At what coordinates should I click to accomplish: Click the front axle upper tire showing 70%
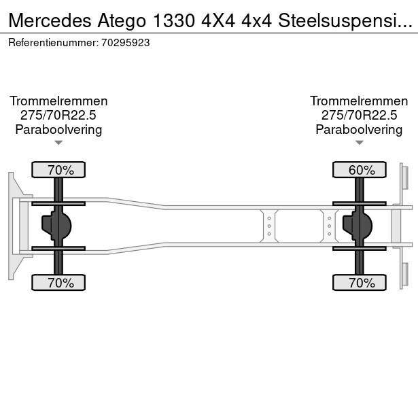[x=58, y=169]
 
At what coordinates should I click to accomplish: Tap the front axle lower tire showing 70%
[x=58, y=283]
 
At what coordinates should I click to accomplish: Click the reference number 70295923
[x=125, y=42]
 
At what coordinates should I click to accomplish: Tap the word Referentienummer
[x=52, y=42]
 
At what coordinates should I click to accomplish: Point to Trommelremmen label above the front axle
[x=58, y=101]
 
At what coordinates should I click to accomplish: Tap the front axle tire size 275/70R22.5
[x=58, y=115]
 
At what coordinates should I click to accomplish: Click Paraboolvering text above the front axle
[x=58, y=129]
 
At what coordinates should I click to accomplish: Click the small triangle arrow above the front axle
[x=58, y=143]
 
